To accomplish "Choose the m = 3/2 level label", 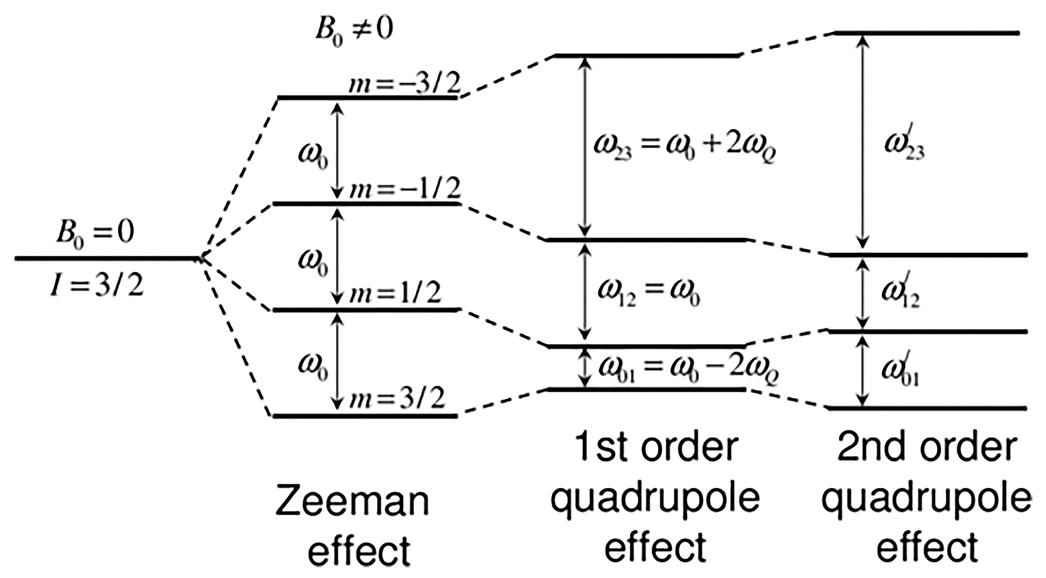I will [396, 398].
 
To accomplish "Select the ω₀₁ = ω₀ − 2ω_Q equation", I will [688, 370].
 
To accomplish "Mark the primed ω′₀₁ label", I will [900, 372].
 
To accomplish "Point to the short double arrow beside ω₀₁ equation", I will [585, 368].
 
